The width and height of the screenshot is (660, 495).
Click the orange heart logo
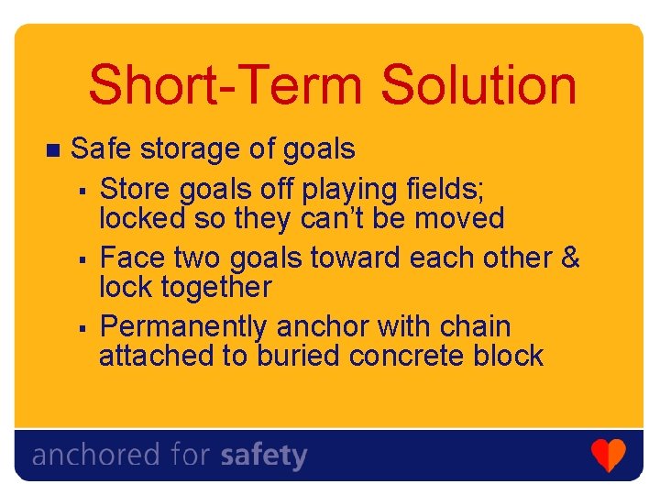coord(608,455)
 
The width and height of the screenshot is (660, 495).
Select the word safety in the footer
coord(264,456)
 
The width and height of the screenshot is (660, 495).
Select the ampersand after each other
coord(569,258)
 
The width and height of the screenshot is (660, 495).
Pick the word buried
coord(298,356)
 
